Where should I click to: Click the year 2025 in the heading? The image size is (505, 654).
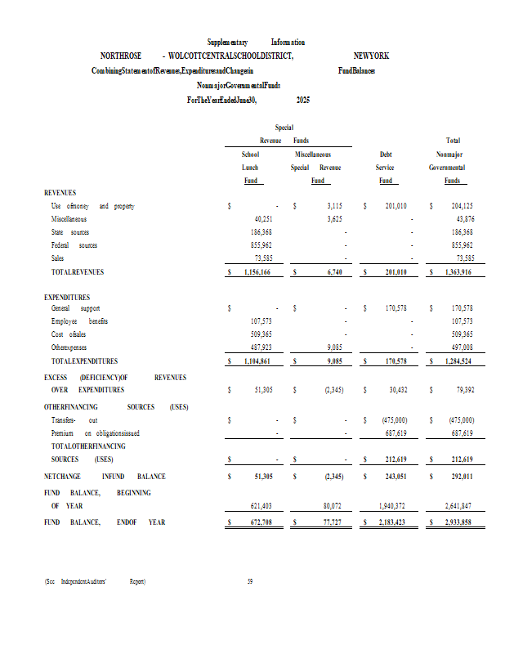302,100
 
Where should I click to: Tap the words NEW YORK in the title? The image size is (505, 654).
371,56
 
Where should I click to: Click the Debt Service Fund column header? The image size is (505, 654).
385,167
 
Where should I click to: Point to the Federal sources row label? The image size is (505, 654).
74,245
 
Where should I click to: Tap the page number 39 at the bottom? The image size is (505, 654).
250,581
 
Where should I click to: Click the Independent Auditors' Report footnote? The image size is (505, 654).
95,581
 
